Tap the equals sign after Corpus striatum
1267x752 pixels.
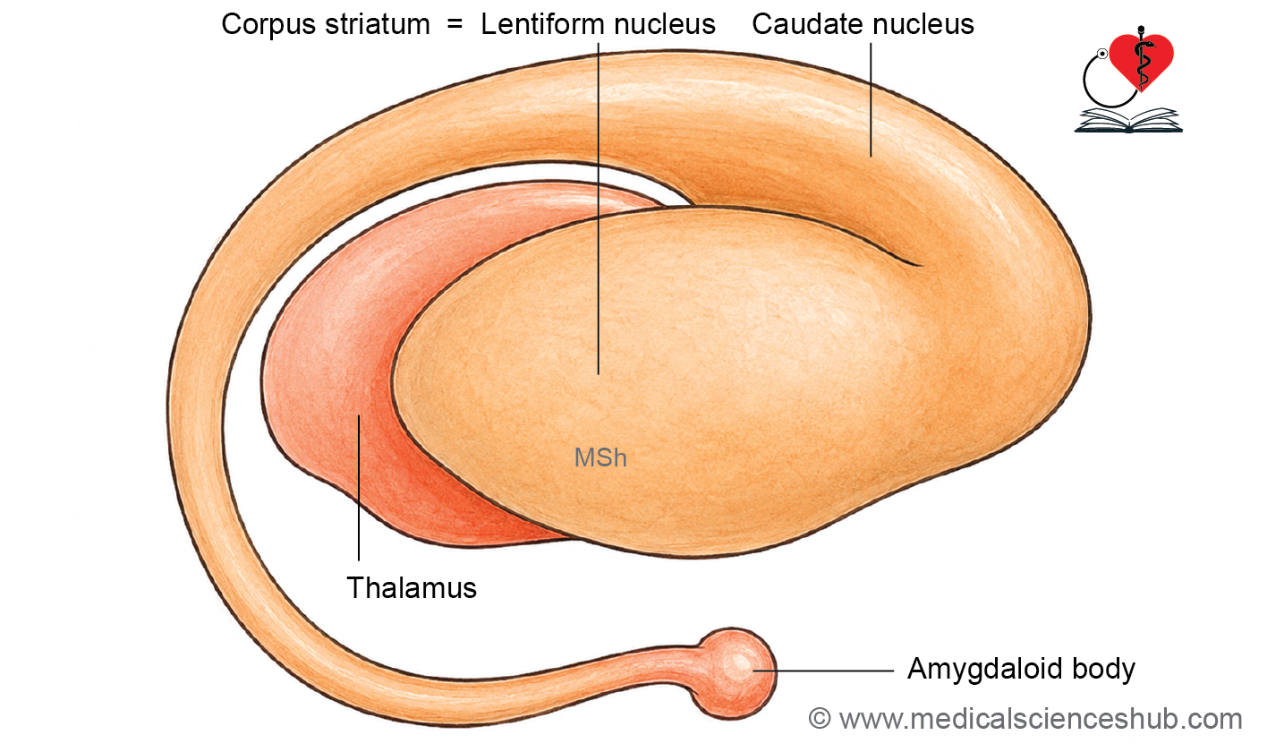pos(455,24)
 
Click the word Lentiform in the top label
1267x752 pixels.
pos(542,24)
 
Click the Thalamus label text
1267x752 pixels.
pos(412,587)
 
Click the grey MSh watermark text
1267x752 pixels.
pos(600,457)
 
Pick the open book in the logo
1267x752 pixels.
pos(1128,121)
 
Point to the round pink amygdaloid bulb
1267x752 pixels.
pos(735,673)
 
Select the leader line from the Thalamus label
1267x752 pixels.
pos(359,488)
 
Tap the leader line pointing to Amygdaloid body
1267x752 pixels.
pos(823,671)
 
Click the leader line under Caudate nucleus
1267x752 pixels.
pos(871,99)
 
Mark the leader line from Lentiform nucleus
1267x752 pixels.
pos(599,209)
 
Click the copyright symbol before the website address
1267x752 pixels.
pos(820,719)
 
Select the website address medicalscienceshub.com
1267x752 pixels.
pos(1041,719)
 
